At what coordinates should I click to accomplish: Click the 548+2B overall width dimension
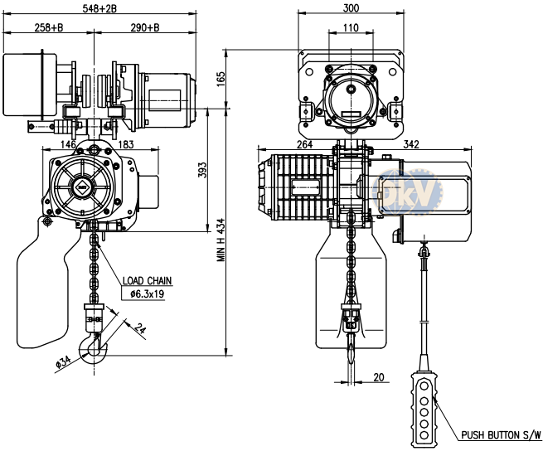[99, 8]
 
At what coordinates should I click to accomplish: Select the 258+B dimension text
[49, 27]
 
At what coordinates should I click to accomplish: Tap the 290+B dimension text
[145, 27]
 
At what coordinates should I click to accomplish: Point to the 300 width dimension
[351, 8]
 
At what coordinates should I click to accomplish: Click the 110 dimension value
[351, 27]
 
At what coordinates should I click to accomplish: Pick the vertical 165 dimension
[221, 80]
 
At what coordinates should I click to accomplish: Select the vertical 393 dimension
[202, 170]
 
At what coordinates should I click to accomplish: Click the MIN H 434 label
[221, 240]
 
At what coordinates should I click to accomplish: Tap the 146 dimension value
[68, 144]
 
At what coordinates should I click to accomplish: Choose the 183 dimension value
[126, 144]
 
